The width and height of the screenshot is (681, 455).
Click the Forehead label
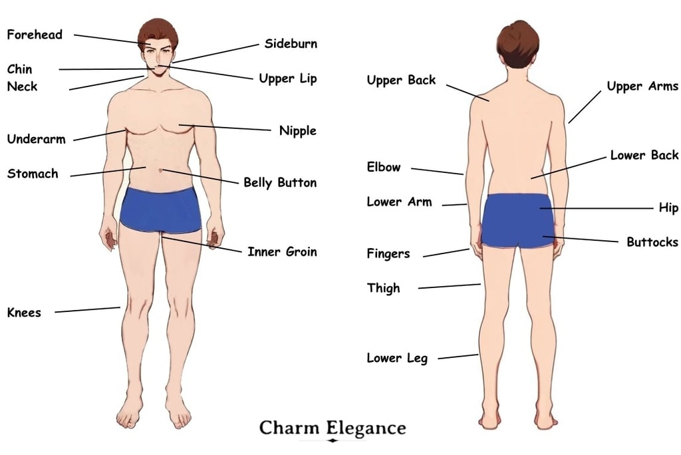(x=35, y=35)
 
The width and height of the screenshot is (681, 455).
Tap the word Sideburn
(x=291, y=44)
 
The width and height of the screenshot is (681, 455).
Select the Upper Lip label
(x=288, y=78)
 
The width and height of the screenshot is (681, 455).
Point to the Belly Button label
(x=279, y=182)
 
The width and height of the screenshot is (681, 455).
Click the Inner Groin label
(x=282, y=251)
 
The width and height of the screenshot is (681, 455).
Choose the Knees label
(x=24, y=313)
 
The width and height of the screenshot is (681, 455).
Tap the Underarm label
(x=36, y=139)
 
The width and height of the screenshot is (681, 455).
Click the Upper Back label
(x=401, y=80)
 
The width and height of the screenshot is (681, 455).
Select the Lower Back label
(x=644, y=155)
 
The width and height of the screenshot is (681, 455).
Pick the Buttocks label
(x=652, y=241)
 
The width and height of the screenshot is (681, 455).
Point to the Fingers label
(x=388, y=253)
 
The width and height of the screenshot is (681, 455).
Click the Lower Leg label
(x=397, y=358)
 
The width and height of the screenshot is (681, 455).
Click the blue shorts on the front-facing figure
(x=160, y=209)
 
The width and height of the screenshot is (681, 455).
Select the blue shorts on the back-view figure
(x=517, y=220)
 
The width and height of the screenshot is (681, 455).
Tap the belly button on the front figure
(x=161, y=170)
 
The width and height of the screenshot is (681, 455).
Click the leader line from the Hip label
(x=599, y=208)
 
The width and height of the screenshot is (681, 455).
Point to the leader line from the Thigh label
(x=449, y=286)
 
